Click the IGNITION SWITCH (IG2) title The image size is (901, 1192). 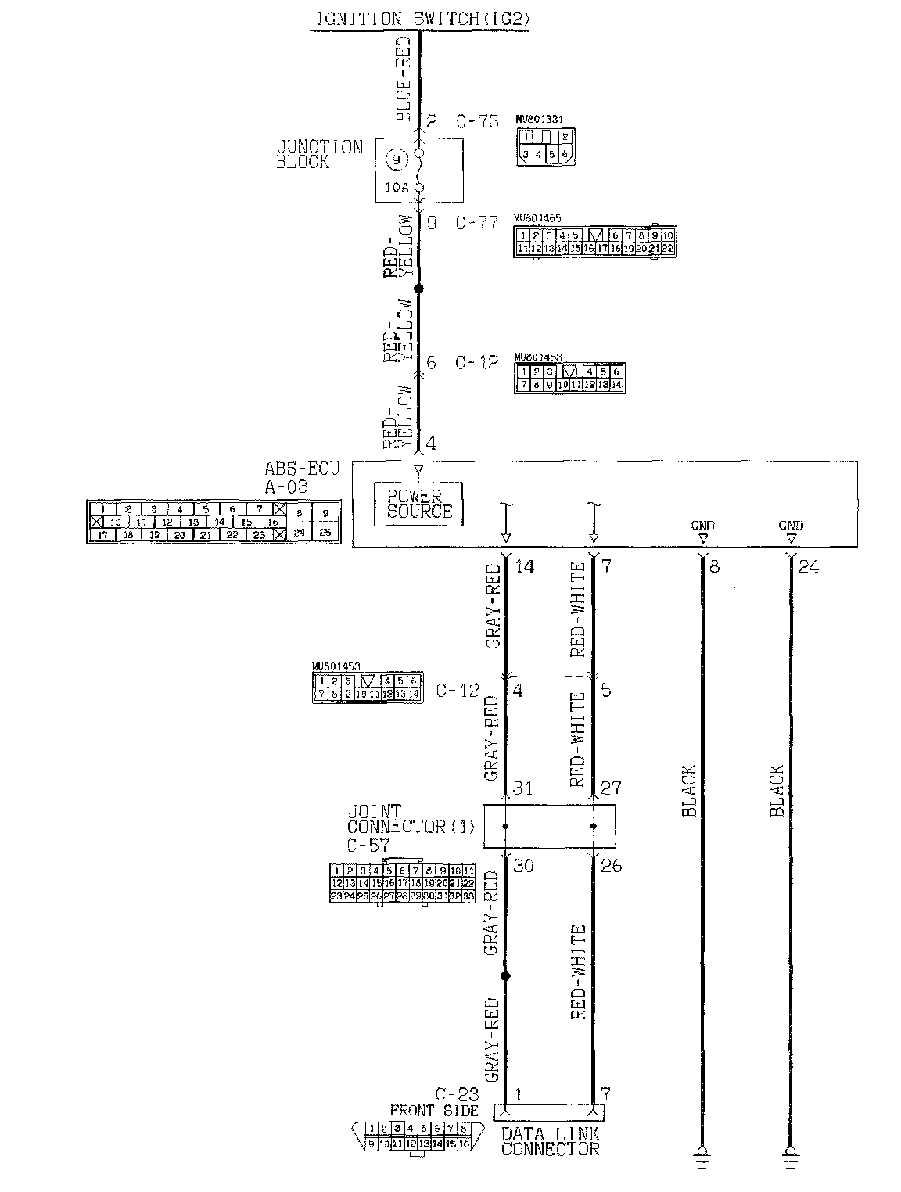point(420,20)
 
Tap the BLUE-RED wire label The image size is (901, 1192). point(404,78)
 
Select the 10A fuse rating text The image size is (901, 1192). point(397,188)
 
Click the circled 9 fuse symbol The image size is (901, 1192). point(397,160)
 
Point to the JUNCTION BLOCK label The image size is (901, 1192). point(319,154)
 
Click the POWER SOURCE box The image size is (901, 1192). point(419,504)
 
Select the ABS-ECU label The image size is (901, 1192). point(301,477)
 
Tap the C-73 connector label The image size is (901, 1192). point(477,121)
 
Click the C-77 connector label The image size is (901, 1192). point(477,223)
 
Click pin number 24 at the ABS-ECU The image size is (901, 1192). point(809,566)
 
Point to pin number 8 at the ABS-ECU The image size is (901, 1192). point(714,566)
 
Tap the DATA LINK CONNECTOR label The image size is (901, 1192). point(550,1141)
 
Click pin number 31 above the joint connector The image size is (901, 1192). point(522,788)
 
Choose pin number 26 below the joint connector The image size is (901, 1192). point(611,866)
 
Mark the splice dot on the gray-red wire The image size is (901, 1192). point(505,976)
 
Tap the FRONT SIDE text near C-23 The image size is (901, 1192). point(433,1110)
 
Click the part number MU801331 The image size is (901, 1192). point(540,120)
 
